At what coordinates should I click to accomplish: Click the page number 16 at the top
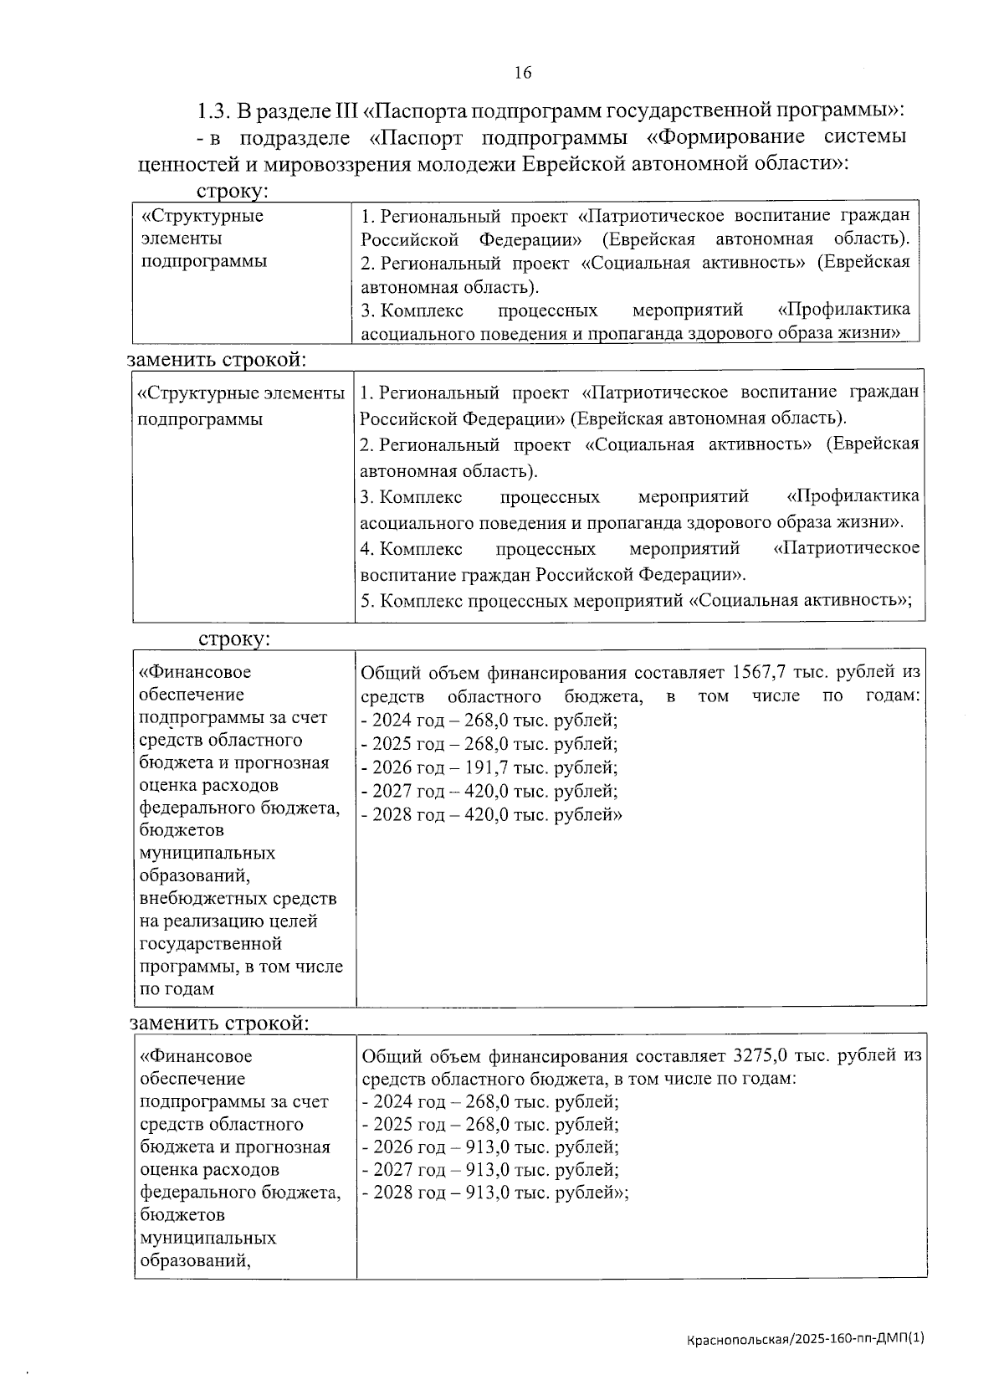click(x=523, y=73)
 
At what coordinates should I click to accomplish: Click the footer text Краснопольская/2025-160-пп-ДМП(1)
click(x=806, y=1339)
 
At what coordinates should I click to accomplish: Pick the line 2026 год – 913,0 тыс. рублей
click(x=490, y=1147)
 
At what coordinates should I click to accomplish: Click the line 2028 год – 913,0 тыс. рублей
click(x=494, y=1193)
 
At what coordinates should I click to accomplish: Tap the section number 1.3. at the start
click(x=213, y=110)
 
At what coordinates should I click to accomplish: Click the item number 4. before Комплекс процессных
click(x=366, y=549)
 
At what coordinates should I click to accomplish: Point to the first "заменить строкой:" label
click(x=217, y=360)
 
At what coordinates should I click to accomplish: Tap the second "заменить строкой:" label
click(x=219, y=1023)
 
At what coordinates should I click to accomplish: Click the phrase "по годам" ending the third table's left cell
click(x=177, y=989)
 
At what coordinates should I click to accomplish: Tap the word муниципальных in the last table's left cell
click(x=208, y=1237)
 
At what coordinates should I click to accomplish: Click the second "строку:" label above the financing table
click(x=233, y=639)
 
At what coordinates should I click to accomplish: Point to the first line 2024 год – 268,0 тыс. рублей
click(x=489, y=720)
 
